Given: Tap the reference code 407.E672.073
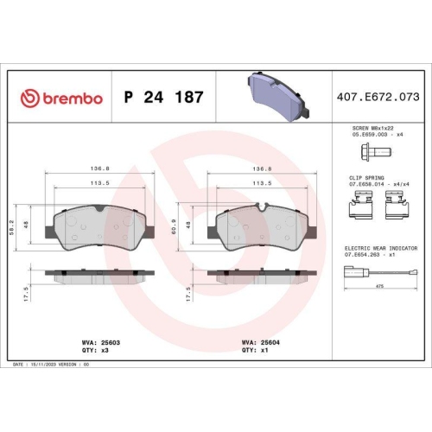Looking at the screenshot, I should pyautogui.click(x=378, y=98).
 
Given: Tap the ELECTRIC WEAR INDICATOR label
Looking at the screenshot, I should pyautogui.click(x=377, y=248).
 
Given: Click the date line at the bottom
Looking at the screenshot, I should pyautogui.click(x=52, y=366).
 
